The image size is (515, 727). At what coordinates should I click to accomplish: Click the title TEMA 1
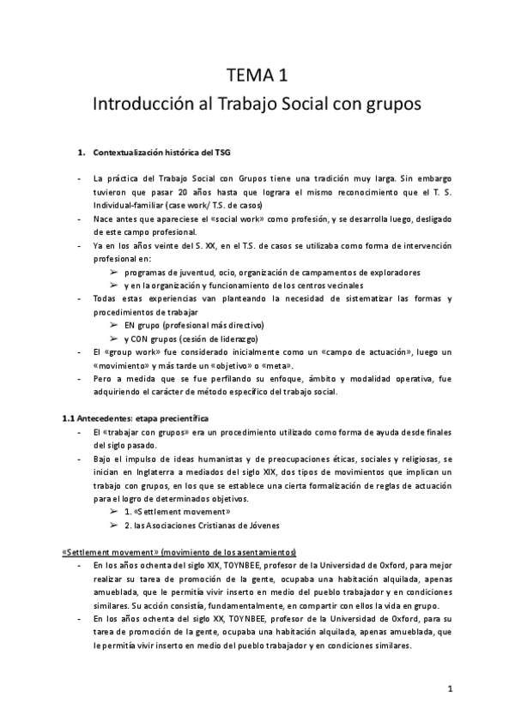pyautogui.click(x=257, y=74)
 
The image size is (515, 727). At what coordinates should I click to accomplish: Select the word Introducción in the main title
pyautogui.click(x=140, y=105)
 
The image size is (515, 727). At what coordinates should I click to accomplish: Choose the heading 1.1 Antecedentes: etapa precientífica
pyautogui.click(x=136, y=418)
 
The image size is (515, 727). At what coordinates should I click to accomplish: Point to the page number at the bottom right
pyautogui.click(x=450, y=688)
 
